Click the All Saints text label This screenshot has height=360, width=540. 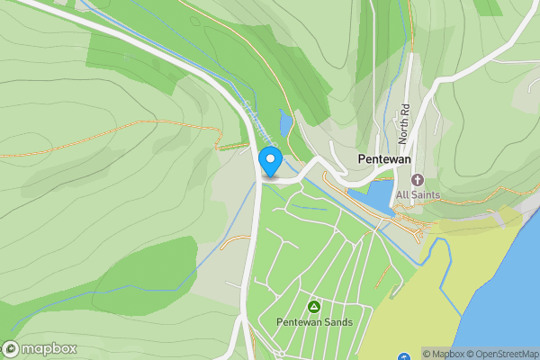tap(417, 194)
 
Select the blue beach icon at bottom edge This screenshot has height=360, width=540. tap(403, 356)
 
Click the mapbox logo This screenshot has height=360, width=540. tap(40, 348)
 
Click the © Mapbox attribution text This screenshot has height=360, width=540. tap(445, 354)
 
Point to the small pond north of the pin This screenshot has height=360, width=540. tap(285, 123)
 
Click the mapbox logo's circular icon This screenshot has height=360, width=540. tap(11, 348)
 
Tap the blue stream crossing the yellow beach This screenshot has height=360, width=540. tap(443, 288)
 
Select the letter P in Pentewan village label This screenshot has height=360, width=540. tap(361, 159)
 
